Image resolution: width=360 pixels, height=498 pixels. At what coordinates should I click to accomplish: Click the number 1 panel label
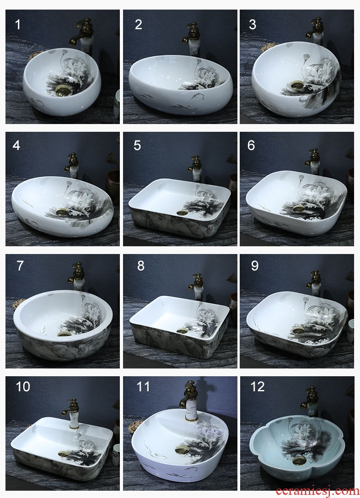(18, 25)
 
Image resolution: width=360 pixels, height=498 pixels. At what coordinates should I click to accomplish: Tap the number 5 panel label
(137, 145)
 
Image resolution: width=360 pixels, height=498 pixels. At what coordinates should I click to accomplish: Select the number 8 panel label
(141, 265)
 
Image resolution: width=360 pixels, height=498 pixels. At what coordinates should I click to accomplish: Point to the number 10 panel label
(23, 387)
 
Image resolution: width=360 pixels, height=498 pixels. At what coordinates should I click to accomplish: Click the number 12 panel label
(257, 387)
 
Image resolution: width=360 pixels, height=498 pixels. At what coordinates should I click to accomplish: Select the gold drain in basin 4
(62, 211)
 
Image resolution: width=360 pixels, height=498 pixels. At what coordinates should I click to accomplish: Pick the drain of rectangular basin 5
(182, 213)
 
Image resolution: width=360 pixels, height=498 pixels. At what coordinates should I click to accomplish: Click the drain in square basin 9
(299, 331)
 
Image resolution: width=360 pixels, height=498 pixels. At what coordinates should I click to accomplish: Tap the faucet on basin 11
(190, 401)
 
